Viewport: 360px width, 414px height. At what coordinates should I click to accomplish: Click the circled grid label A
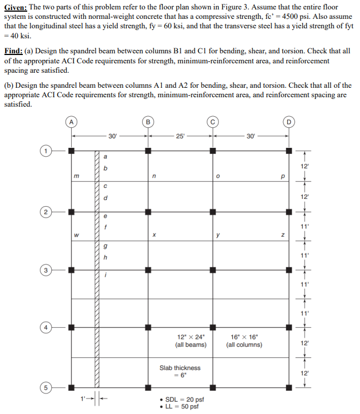click(72, 119)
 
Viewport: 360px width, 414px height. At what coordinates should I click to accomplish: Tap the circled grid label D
click(288, 119)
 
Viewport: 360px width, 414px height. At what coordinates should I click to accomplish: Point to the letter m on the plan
click(77, 177)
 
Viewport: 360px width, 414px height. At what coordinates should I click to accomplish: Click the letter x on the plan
click(153, 236)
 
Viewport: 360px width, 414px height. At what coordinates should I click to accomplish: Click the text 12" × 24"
click(191, 337)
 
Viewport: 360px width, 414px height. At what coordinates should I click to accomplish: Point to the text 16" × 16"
click(244, 337)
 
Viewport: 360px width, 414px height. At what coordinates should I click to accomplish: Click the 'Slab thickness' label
click(180, 367)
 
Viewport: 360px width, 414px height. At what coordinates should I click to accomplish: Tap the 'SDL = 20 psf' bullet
click(181, 399)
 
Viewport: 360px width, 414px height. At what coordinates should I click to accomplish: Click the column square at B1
click(147, 151)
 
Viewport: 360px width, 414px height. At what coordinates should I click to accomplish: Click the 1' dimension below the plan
click(84, 398)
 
